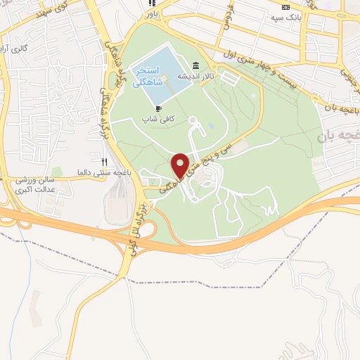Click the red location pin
click(181, 165)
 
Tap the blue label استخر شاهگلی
click(149, 76)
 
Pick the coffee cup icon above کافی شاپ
click(157, 108)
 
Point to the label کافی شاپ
click(157, 119)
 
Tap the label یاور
click(152, 13)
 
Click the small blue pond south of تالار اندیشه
click(212, 128)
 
